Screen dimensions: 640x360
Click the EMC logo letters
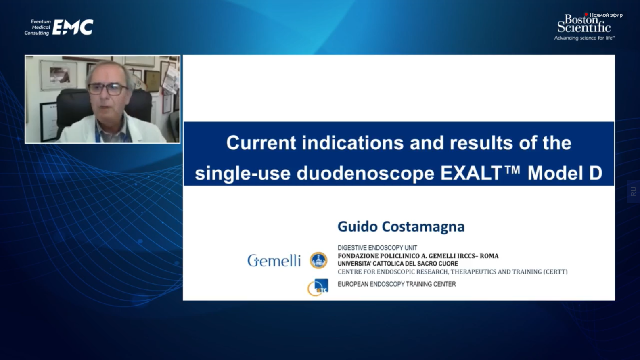73,27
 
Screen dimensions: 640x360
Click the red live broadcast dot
586,14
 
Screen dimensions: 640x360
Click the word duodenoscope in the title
366,174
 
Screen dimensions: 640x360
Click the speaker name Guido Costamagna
401,226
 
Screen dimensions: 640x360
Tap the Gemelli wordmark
274,261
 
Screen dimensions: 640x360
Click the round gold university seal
318,260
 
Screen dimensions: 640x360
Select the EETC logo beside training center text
318,287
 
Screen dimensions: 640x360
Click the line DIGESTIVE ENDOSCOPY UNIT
377,248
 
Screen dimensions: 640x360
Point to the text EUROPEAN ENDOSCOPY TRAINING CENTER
397,284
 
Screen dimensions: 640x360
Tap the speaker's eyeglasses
107,89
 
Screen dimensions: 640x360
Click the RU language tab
634,191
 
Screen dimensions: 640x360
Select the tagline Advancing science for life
585,38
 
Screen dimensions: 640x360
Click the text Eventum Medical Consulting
38,27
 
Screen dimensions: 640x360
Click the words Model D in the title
565,173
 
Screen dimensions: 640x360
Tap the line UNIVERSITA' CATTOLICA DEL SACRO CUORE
398,264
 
